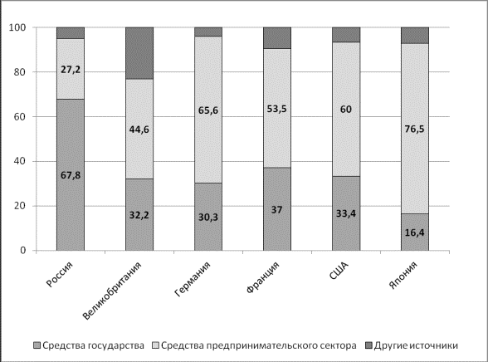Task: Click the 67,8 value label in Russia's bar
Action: click(71, 175)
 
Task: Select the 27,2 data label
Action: click(71, 70)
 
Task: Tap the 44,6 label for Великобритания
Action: click(139, 130)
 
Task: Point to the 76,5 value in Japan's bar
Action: click(415, 129)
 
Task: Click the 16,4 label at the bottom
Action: click(415, 232)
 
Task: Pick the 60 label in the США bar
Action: click(346, 110)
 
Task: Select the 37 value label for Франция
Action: click(276, 210)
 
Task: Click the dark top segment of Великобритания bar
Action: click(139, 53)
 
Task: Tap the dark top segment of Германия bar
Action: click(208, 32)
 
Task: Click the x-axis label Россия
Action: click(60, 274)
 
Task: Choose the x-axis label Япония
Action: click(403, 275)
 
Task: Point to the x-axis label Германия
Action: click(193, 279)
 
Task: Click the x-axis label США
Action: click(339, 271)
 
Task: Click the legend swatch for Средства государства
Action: click(37, 345)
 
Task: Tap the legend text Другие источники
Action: click(416, 345)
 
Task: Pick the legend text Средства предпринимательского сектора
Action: click(259, 345)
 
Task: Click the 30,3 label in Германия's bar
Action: click(208, 217)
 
